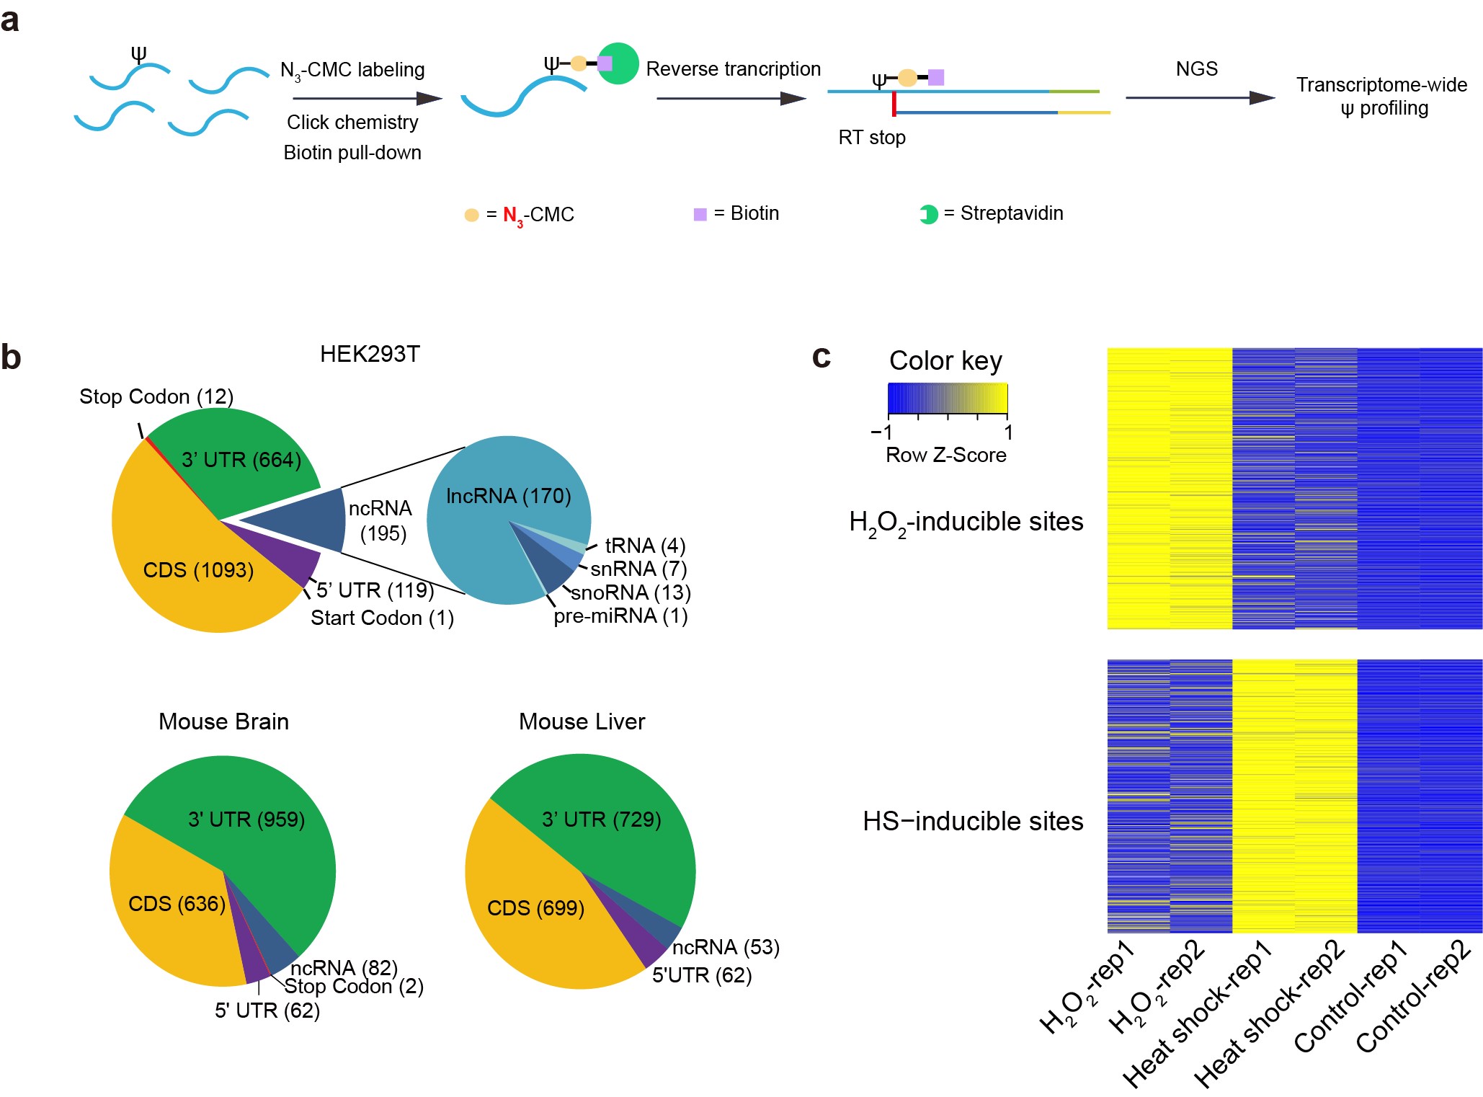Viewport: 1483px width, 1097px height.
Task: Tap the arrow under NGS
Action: coord(1199,97)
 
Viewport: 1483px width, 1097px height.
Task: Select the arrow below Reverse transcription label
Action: coord(731,98)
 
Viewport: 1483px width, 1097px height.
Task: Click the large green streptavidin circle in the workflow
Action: coord(618,63)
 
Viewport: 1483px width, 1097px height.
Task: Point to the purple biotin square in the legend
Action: coord(700,214)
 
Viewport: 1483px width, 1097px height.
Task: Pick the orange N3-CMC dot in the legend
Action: coord(471,215)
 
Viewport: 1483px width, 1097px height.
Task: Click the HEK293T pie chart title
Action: coord(370,354)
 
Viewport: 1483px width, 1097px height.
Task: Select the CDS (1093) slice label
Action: coord(198,570)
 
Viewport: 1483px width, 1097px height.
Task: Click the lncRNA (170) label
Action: coord(508,496)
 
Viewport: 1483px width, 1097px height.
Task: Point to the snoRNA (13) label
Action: coord(631,592)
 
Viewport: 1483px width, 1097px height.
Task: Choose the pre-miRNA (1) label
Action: coord(620,616)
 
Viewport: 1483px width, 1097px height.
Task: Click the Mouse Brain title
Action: coord(223,721)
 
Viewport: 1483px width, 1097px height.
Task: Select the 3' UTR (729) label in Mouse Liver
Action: coord(601,820)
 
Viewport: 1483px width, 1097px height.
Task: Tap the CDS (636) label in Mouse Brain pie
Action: coord(177,903)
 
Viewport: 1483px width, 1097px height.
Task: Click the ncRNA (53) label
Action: coord(726,947)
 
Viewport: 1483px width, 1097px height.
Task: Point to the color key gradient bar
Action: coord(947,398)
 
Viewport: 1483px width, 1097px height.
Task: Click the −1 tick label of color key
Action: coord(881,432)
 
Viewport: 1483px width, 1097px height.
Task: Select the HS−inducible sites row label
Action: coord(973,821)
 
